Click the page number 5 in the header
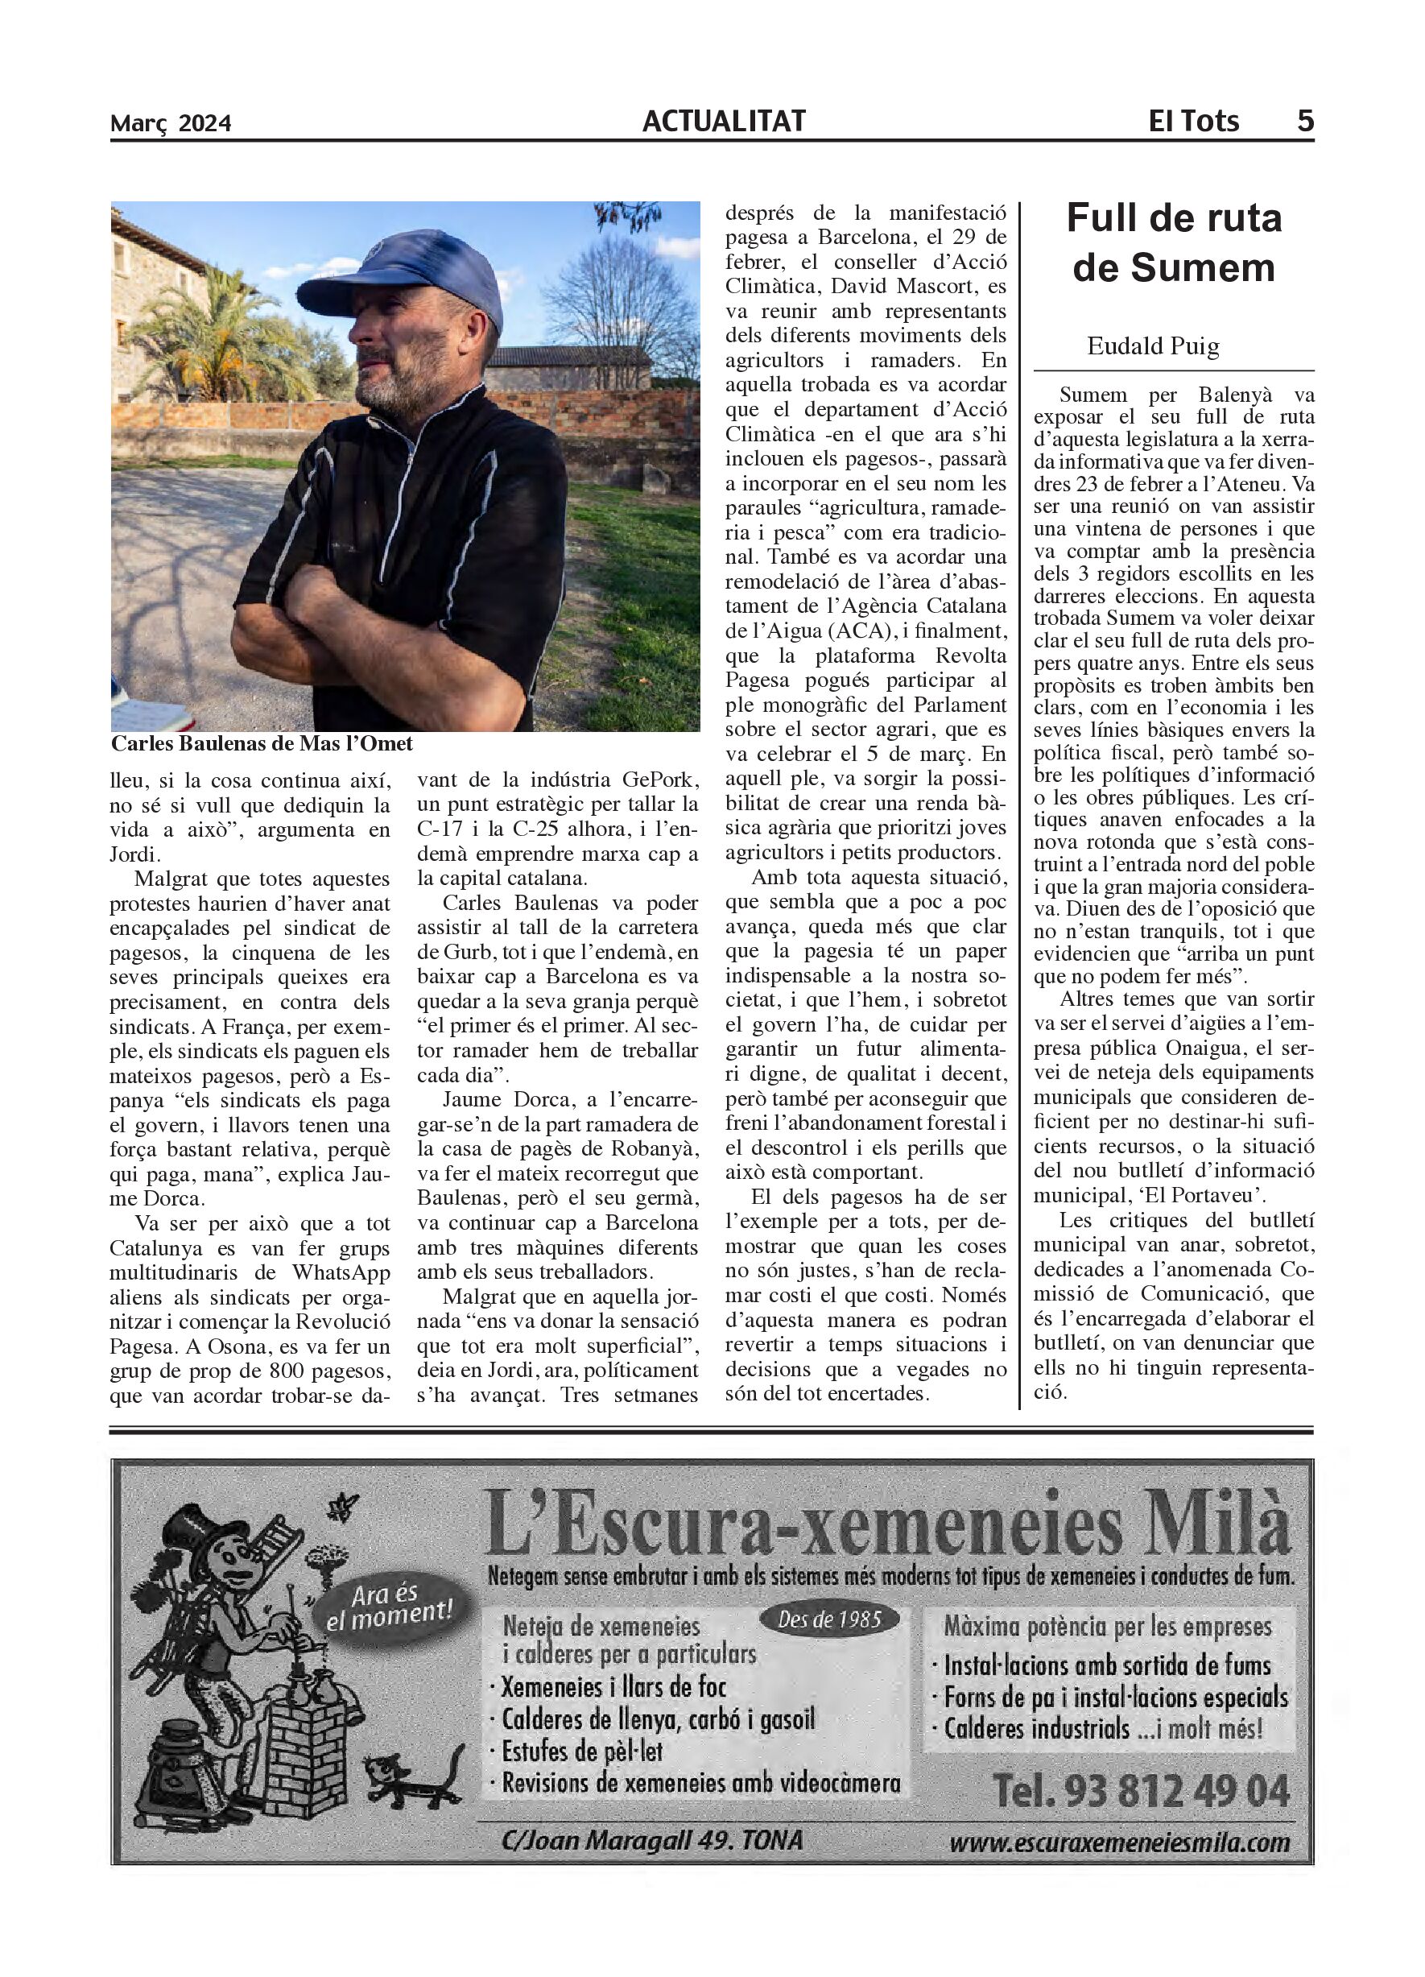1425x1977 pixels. pos(1304,120)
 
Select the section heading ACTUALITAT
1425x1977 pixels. pos(724,121)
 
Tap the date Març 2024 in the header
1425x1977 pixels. pos(171,123)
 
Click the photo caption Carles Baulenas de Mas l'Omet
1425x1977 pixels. pos(262,743)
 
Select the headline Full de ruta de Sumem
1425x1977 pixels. pos(1173,242)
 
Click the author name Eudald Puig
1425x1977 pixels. pos(1152,346)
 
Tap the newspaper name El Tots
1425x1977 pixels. pos(1193,120)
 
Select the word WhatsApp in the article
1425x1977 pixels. pos(341,1273)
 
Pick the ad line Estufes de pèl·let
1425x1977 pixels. pos(582,1752)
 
